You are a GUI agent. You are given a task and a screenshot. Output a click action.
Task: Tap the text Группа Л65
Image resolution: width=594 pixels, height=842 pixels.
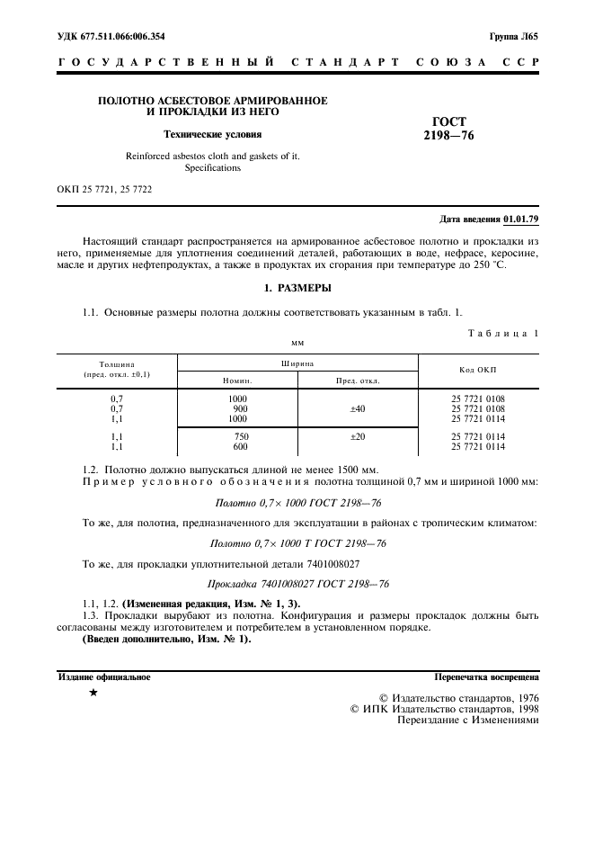click(513, 37)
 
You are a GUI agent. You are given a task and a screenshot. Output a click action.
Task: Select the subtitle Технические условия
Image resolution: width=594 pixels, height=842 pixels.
click(212, 135)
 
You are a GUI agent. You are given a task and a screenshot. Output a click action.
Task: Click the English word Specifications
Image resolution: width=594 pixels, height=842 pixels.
click(212, 167)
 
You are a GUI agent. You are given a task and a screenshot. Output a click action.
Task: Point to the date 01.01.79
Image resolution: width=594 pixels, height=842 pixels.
click(521, 219)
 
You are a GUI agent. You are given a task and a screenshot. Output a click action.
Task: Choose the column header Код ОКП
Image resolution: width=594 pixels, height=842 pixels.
click(477, 370)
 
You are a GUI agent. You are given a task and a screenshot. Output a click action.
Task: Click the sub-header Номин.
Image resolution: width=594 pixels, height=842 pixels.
click(237, 381)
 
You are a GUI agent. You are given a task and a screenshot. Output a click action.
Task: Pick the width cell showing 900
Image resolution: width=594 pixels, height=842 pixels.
click(238, 408)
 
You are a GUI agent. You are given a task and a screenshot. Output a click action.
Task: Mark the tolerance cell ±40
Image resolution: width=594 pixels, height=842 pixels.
click(358, 408)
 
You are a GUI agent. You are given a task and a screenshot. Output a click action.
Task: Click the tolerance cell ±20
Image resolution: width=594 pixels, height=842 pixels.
click(358, 436)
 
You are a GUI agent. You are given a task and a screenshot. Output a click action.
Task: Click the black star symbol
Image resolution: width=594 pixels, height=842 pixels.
click(93, 694)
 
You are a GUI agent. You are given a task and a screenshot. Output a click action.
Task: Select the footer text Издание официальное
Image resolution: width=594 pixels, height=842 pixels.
click(104, 676)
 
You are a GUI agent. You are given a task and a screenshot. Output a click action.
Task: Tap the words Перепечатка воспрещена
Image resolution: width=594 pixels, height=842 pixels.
click(486, 676)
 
